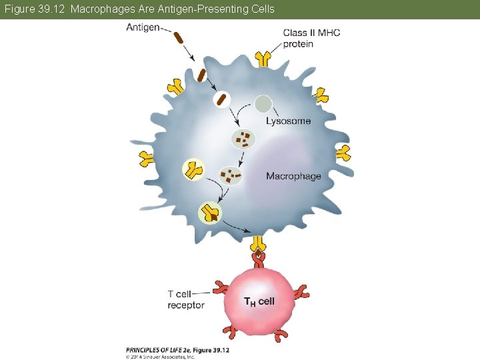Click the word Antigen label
(x=143, y=27)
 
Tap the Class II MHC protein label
(x=311, y=38)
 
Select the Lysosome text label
(x=288, y=121)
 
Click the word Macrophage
(x=293, y=176)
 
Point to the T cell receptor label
(x=186, y=300)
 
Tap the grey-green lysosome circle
(x=263, y=104)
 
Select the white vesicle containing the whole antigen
(x=221, y=100)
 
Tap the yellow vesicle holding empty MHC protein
(x=194, y=170)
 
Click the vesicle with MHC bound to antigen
(x=209, y=213)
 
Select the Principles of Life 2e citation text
(x=177, y=349)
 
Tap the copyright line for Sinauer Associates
(x=160, y=356)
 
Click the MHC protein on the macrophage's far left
(x=146, y=159)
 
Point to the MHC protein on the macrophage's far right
(x=343, y=153)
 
